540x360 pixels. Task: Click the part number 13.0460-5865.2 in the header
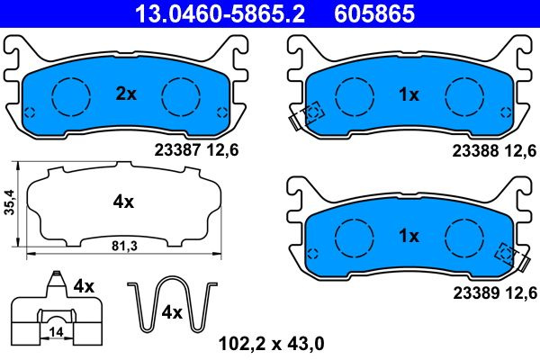(x=220, y=13)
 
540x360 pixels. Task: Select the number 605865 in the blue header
(x=374, y=13)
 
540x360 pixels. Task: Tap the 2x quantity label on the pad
(x=126, y=94)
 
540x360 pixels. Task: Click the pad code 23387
(x=177, y=150)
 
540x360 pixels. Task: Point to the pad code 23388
(x=475, y=151)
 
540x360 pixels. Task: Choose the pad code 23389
(x=476, y=292)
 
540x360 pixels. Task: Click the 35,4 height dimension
(x=9, y=202)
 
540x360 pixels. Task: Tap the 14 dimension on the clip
(x=56, y=332)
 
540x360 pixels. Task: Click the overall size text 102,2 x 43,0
(x=272, y=344)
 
